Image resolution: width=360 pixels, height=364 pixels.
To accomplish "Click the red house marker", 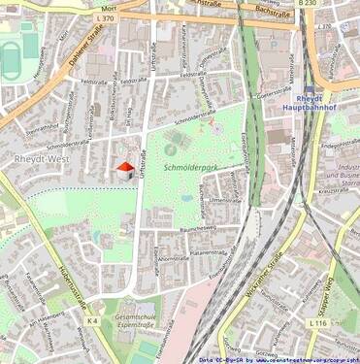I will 124,170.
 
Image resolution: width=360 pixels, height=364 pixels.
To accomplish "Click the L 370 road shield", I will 106,17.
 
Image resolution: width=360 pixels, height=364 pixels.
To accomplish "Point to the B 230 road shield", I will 307,4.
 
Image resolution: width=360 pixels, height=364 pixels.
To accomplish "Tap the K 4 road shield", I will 92,319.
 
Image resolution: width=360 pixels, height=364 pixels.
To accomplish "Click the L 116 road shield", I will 318,321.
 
